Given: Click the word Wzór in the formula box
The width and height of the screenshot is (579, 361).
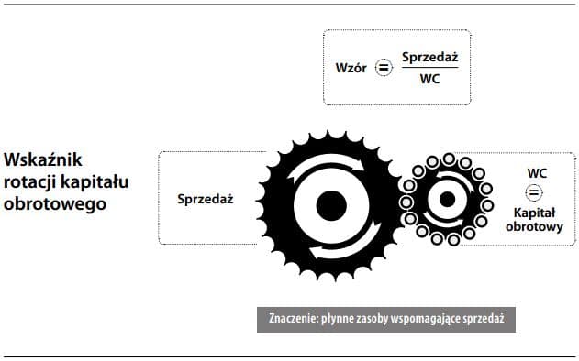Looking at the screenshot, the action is pyautogui.click(x=353, y=67).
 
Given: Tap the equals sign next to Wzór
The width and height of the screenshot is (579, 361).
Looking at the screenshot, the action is pyautogui.click(x=384, y=67).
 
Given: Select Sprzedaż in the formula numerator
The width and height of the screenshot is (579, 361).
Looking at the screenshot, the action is pyautogui.click(x=429, y=57).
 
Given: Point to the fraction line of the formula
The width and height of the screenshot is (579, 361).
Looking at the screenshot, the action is pyautogui.click(x=429, y=68).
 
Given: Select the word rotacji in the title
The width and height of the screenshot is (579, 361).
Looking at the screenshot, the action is pyautogui.click(x=30, y=180).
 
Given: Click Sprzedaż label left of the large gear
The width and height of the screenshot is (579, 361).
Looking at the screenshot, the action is pyautogui.click(x=206, y=198).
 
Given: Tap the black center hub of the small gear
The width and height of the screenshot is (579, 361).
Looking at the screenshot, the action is pyautogui.click(x=447, y=198).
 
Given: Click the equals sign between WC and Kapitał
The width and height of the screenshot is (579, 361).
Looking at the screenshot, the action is pyautogui.click(x=533, y=192).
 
